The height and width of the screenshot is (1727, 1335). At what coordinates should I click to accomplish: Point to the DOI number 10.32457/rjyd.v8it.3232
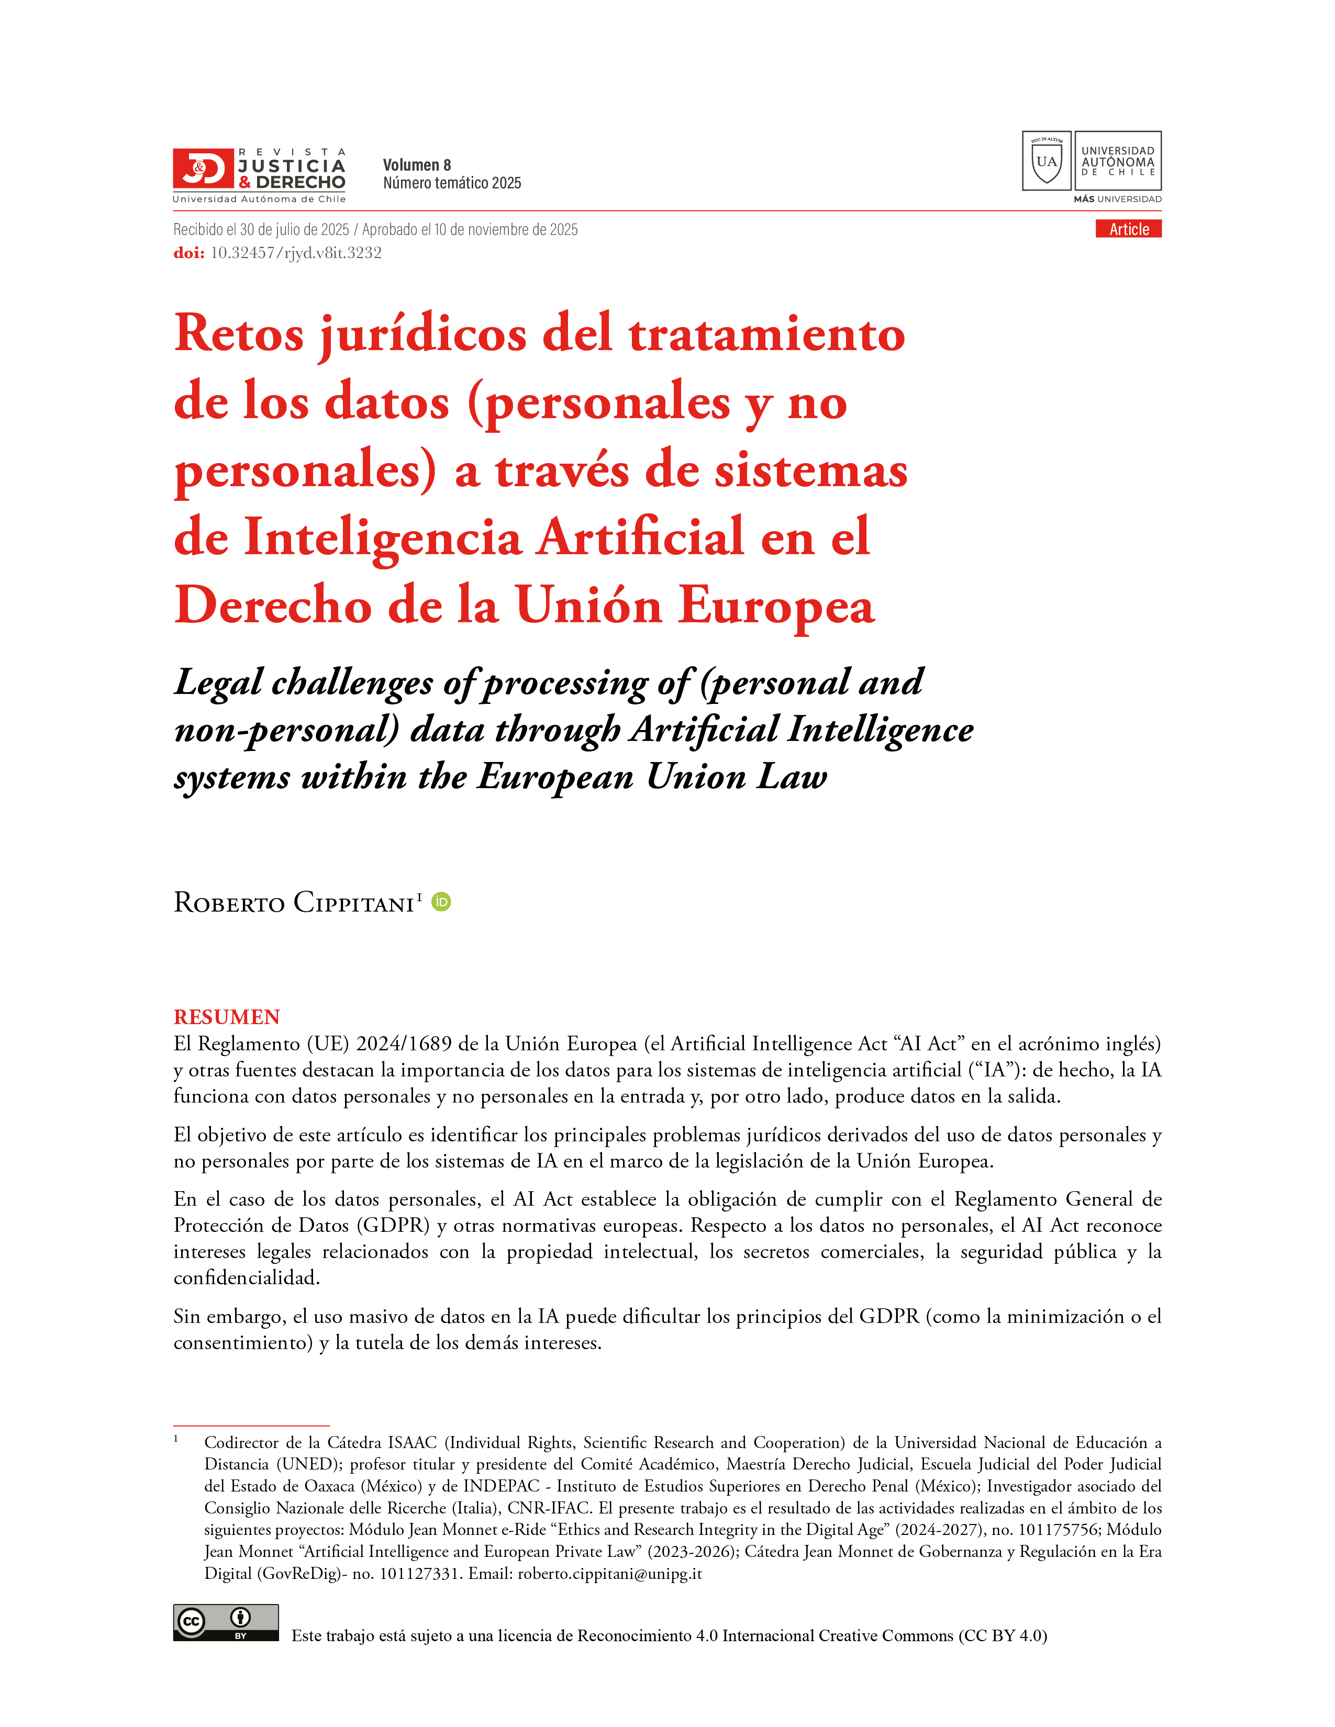296,253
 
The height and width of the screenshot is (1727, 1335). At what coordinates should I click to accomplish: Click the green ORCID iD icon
441,902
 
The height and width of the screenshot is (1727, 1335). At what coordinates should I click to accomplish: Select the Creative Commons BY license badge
226,1623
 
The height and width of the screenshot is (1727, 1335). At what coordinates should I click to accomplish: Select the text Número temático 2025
452,184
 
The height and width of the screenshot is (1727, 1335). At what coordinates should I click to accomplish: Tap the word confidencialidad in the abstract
246,1278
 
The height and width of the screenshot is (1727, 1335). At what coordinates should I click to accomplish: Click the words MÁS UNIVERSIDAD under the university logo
1117,199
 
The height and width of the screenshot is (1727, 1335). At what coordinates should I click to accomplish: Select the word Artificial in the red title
641,537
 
